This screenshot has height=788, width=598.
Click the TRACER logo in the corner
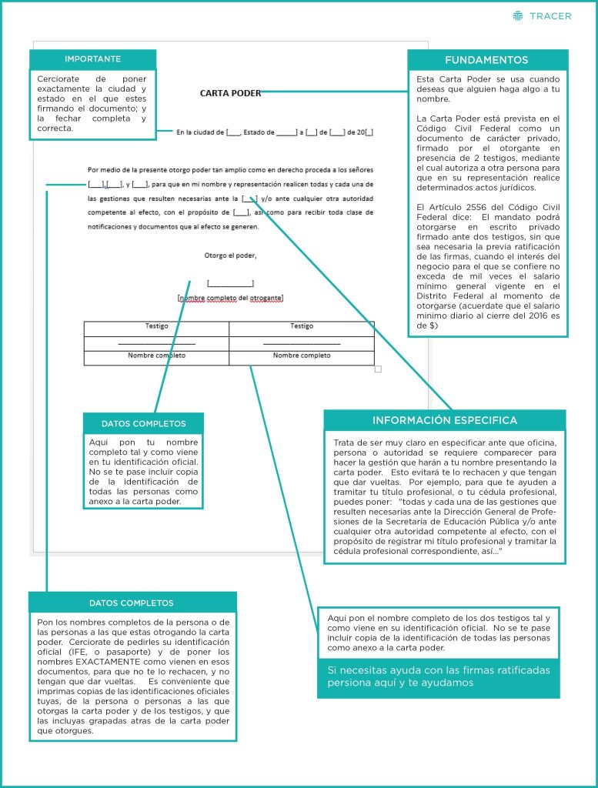coord(542,15)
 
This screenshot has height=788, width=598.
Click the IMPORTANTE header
coord(92,59)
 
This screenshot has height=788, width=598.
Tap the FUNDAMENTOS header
coord(486,60)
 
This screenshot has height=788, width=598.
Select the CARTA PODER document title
coord(230,94)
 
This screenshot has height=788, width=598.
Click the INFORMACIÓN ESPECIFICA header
coord(445,420)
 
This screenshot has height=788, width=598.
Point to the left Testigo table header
coord(156,326)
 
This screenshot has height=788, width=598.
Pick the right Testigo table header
coord(302,326)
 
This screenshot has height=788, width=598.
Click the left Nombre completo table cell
coord(156,356)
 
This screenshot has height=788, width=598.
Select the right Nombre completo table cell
coord(302,356)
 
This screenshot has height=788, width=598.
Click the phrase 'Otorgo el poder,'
coord(230,255)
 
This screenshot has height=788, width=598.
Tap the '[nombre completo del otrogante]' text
coord(230,298)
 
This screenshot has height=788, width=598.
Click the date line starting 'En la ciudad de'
coord(275,132)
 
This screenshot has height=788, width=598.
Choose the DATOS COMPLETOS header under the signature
coord(143,423)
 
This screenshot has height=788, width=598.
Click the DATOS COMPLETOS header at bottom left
coord(132,603)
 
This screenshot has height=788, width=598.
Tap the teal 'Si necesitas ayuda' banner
coord(438,676)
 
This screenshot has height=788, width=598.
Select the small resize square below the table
coord(378,369)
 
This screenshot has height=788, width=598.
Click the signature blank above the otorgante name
coord(230,283)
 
